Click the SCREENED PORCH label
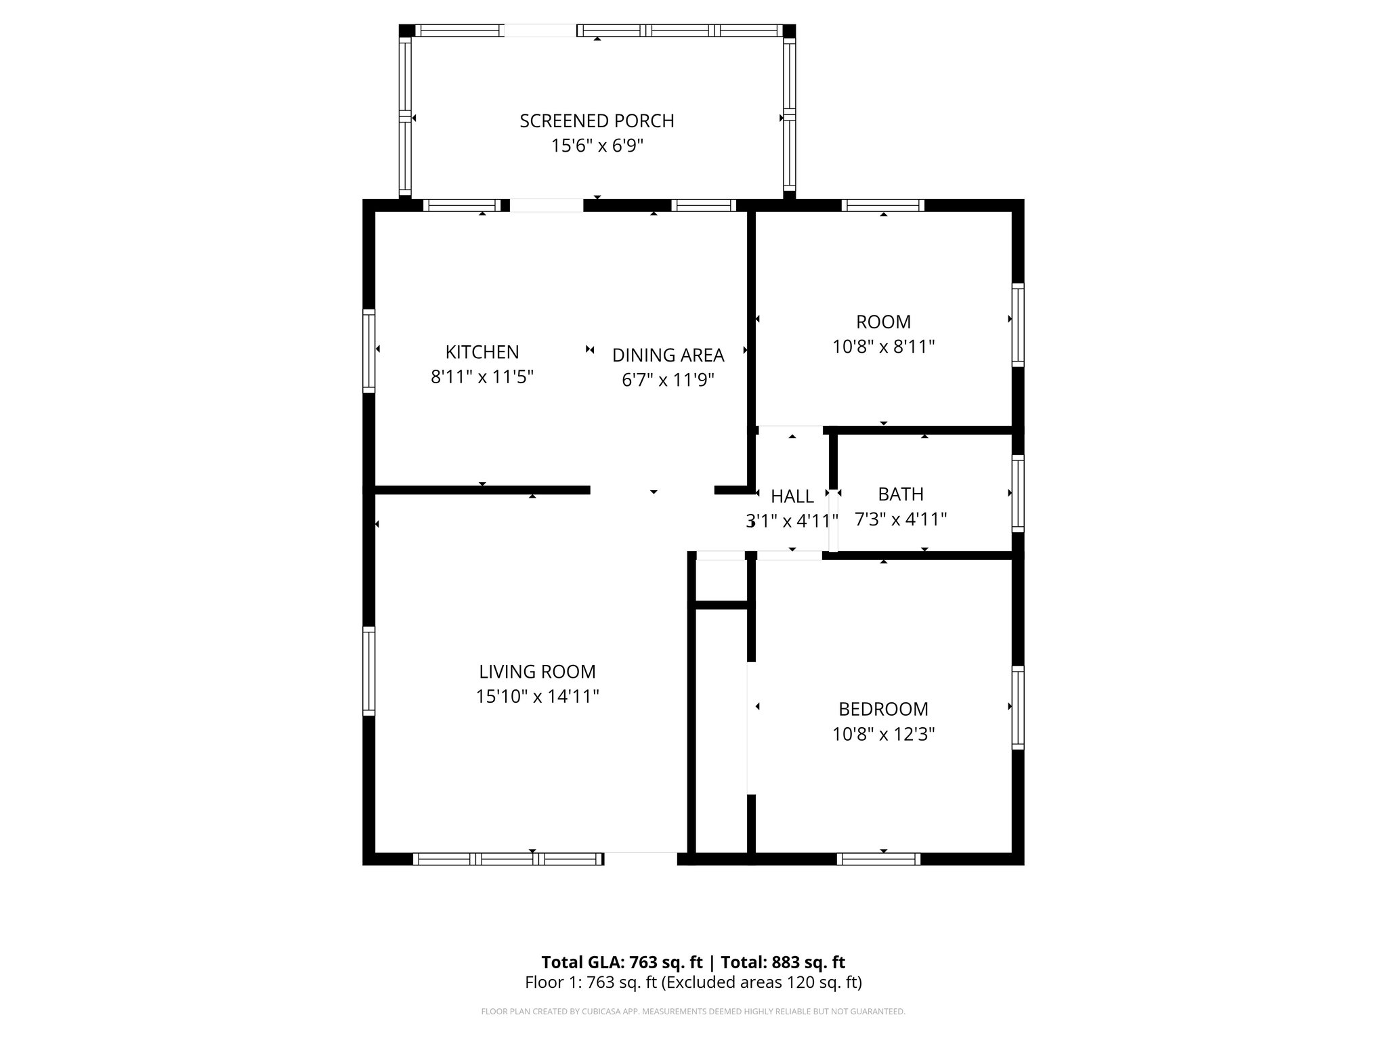597,121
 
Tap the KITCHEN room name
482,352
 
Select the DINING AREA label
668,355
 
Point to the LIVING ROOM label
537,672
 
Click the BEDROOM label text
883,709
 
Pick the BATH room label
901,494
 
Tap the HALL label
792,496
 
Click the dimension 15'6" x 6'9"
597,146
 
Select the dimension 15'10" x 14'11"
537,696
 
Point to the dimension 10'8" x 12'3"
883,734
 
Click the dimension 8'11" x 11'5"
482,376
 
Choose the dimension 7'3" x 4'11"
901,519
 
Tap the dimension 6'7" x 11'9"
668,380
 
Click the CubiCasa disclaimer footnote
693,1012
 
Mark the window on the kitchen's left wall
368,351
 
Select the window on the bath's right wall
1017,493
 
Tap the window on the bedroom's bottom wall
878,859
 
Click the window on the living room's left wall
368,671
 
